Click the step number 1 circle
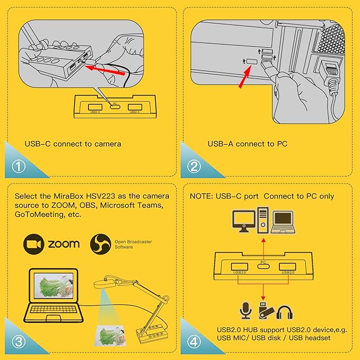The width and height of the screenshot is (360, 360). pos(20,166)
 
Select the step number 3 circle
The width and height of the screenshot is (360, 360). pos(20,341)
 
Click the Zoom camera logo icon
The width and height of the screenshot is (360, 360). pos(33,243)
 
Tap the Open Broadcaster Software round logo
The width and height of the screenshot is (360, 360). pos(101,244)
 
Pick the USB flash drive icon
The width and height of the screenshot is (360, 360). pos(265,311)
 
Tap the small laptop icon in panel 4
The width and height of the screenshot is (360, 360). pos(283,222)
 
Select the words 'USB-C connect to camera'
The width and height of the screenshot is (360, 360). pos(73,144)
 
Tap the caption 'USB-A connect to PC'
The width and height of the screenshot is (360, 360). pos(247,144)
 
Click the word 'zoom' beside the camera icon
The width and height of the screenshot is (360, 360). pos(64,244)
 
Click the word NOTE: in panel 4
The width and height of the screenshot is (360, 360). pos(201,196)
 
